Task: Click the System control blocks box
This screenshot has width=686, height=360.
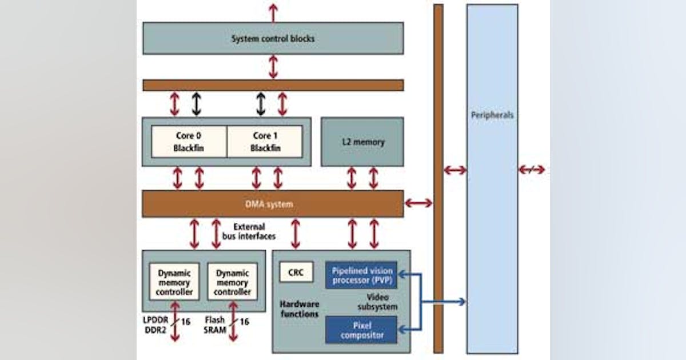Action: tap(273, 39)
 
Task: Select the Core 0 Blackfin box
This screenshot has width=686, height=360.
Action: tap(189, 142)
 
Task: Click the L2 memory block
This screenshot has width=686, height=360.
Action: tap(362, 142)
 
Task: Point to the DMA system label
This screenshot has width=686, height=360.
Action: tap(273, 204)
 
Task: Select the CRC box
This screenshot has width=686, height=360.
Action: tap(296, 273)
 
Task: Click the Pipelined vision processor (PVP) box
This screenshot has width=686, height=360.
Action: tap(361, 275)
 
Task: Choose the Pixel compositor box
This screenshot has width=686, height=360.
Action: tap(361, 330)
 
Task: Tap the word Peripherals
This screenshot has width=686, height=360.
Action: tap(492, 115)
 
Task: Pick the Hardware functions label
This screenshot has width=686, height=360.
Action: tap(300, 309)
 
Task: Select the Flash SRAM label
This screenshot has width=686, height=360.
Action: tap(214, 327)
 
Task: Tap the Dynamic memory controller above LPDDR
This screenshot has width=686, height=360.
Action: tap(174, 281)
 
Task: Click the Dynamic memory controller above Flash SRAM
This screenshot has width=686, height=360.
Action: tap(232, 281)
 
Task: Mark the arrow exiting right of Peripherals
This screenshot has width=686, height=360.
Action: tap(532, 170)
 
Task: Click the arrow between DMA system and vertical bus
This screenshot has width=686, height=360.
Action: tap(418, 203)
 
